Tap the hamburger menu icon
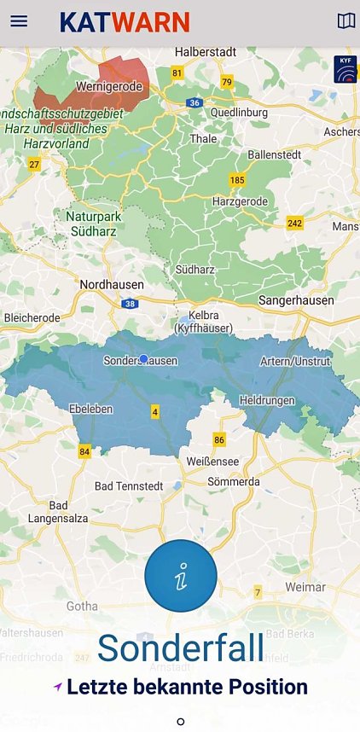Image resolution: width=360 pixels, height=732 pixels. click(x=19, y=21)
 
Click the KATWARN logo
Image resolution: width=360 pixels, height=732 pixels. click(x=125, y=22)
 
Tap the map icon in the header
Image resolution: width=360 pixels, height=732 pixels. click(x=345, y=21)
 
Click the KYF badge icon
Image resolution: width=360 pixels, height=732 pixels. click(x=345, y=68)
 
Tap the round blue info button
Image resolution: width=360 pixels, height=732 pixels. click(x=180, y=576)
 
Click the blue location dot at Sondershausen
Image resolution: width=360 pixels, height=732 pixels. click(x=143, y=359)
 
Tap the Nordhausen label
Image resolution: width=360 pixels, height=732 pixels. click(x=111, y=284)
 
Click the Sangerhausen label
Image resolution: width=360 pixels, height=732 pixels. click(x=295, y=300)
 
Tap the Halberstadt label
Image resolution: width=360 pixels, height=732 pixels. click(x=205, y=52)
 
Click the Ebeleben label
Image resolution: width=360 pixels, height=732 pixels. click(x=90, y=409)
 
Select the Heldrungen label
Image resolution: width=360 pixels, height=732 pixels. click(x=268, y=400)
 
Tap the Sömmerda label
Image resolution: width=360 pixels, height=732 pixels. click(x=234, y=482)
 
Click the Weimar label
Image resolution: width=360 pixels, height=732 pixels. click(x=305, y=587)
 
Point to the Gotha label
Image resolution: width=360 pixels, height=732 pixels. click(x=82, y=606)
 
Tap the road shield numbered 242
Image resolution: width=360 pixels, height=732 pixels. click(x=295, y=224)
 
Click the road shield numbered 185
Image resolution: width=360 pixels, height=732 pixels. click(x=236, y=180)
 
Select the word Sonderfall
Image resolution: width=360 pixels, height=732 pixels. click(x=180, y=648)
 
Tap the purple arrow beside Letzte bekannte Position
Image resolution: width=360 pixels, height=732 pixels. click(x=57, y=687)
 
